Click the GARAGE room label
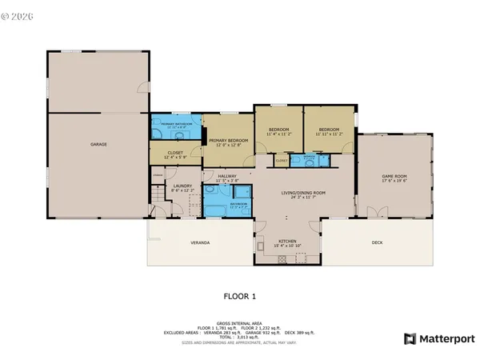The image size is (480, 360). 98,144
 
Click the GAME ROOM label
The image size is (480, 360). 394,178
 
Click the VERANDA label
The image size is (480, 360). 200,242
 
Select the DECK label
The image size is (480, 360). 378,242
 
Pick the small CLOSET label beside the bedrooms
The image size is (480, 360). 282,161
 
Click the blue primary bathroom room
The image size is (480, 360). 174,127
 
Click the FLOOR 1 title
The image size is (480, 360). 240,296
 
